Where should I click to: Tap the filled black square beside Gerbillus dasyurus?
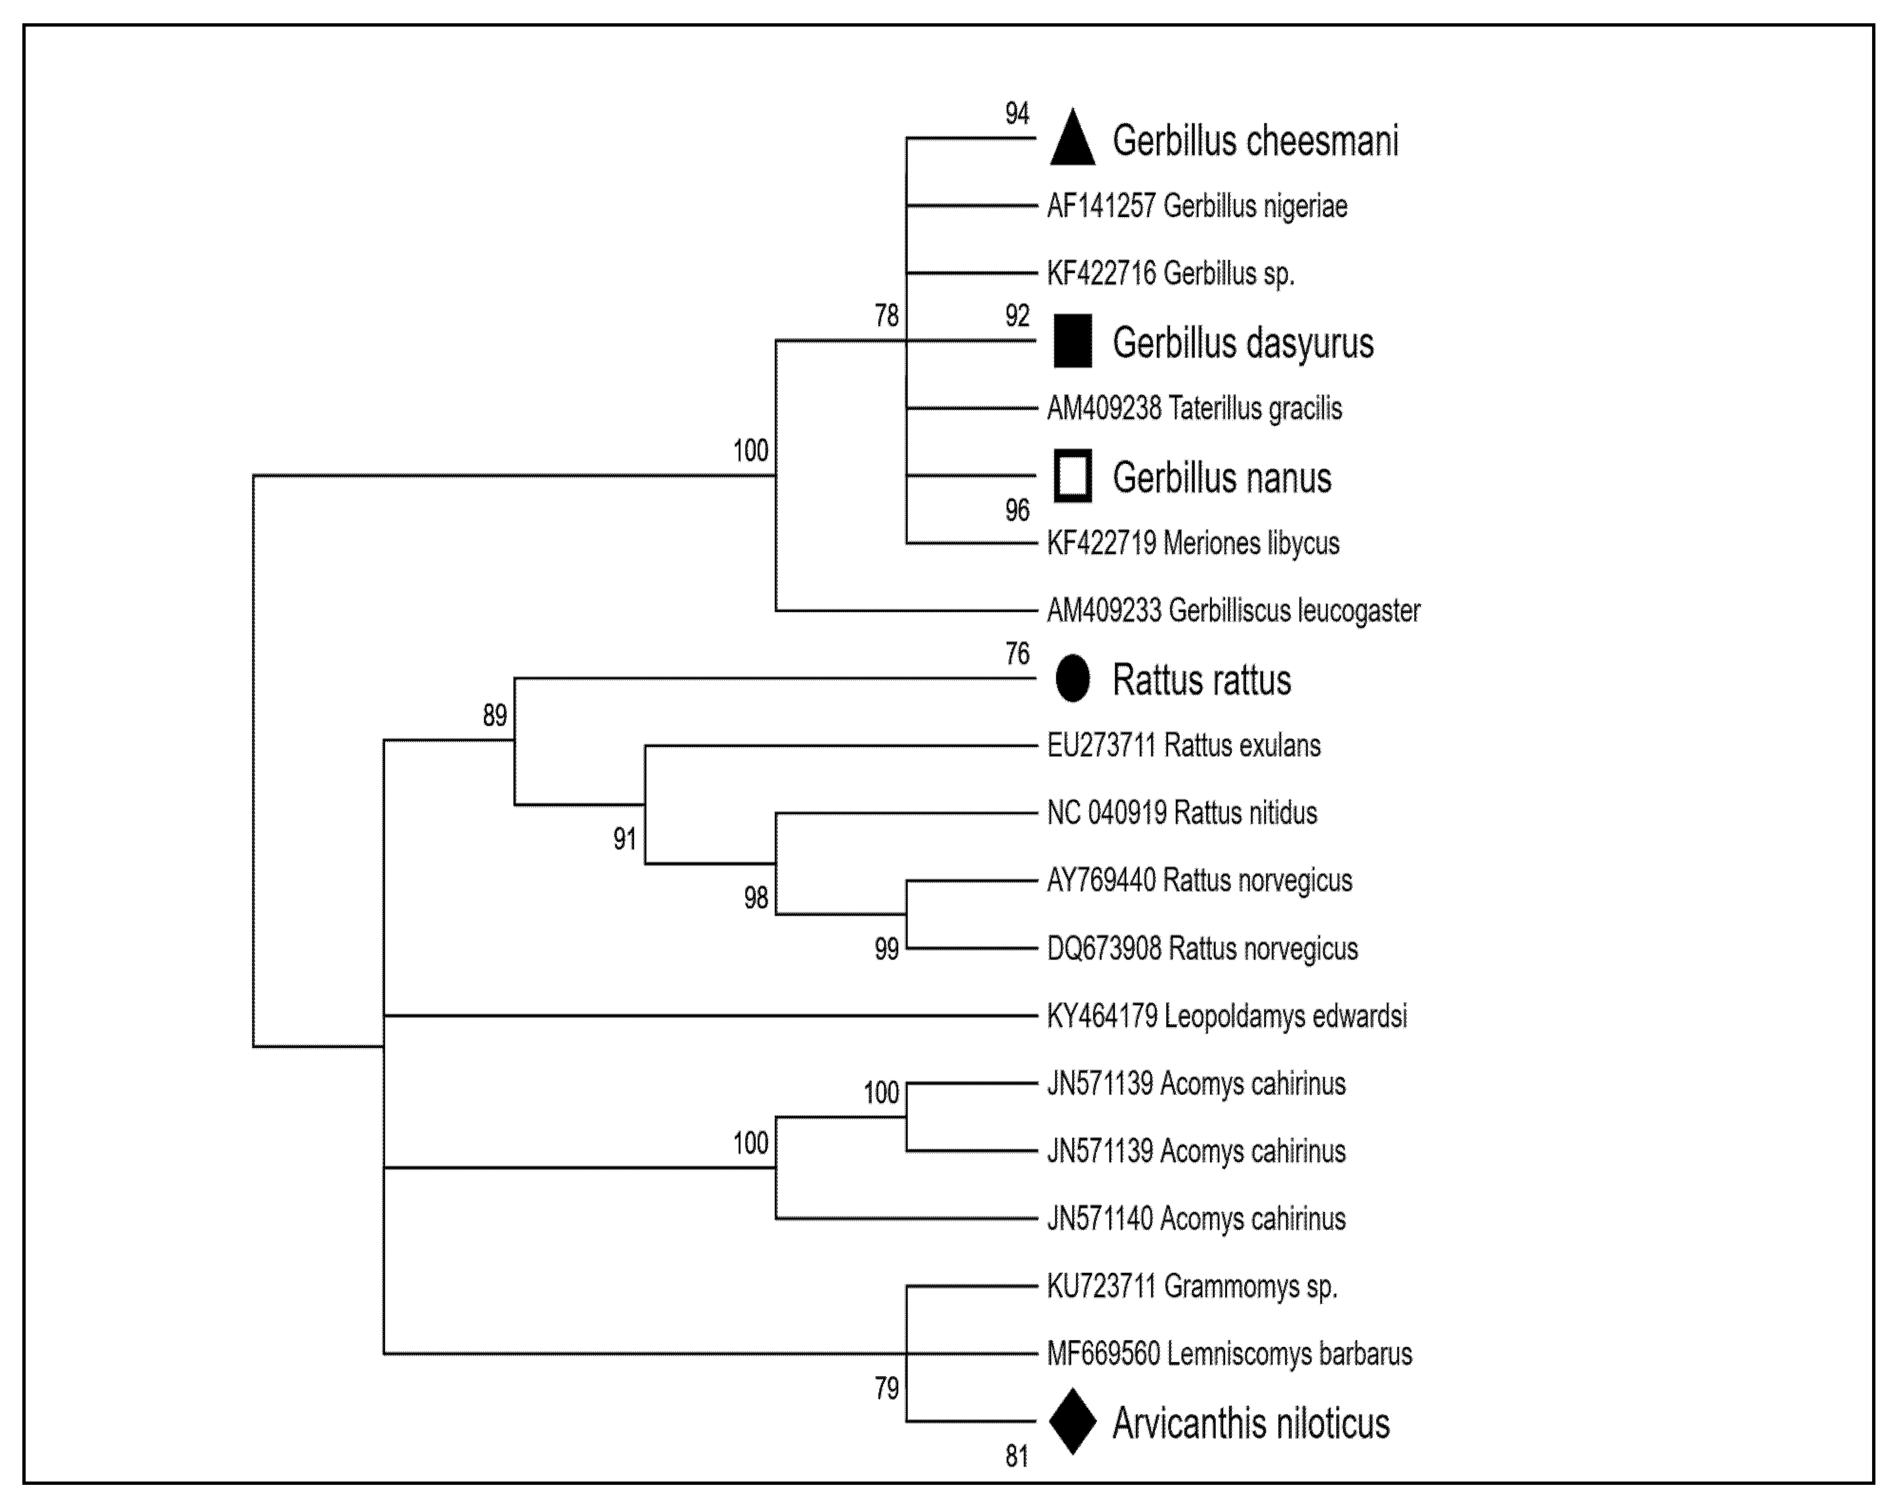point(1072,341)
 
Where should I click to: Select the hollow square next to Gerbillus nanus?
point(1072,476)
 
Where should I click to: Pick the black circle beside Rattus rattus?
point(1072,678)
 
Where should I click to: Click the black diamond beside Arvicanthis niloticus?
point(1072,1421)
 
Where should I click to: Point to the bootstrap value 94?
point(1017,113)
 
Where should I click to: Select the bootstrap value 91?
point(624,839)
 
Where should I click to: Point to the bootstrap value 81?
point(1017,1457)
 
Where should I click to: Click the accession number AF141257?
point(1101,206)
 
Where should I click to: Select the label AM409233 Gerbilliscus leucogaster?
point(1233,611)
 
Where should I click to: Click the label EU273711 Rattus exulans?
point(1184,745)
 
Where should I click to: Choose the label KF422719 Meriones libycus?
point(1192,543)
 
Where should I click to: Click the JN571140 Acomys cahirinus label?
point(1196,1218)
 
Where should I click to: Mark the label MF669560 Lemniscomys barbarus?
point(1229,1354)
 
